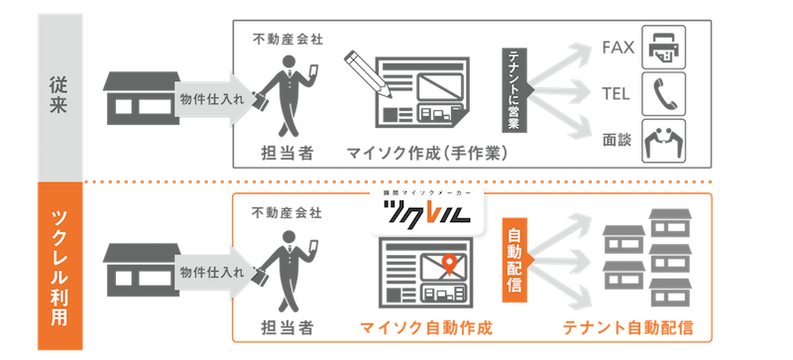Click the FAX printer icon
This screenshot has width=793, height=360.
[x=663, y=47]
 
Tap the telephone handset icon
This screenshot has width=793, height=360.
[x=663, y=93]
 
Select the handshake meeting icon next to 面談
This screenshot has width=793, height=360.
[x=663, y=141]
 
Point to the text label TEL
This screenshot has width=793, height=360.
[x=616, y=94]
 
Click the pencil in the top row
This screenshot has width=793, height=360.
[x=368, y=73]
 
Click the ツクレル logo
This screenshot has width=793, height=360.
[x=426, y=212]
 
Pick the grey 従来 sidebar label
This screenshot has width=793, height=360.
[x=59, y=96]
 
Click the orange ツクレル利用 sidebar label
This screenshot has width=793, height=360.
[x=59, y=266]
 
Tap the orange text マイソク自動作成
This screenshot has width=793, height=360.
[x=426, y=328]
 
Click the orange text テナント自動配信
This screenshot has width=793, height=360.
[x=627, y=328]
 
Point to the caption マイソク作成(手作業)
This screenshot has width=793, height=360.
[x=427, y=153]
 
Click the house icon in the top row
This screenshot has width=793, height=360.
[x=142, y=98]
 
